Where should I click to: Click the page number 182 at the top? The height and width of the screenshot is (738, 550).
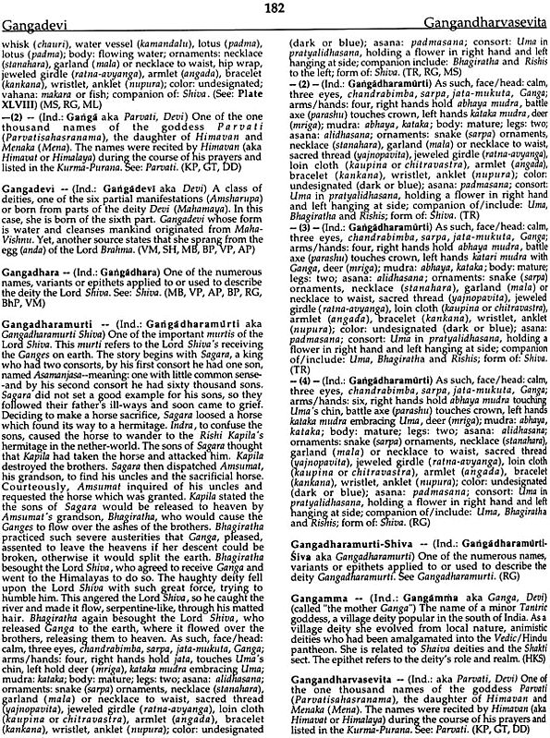click(274, 7)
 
